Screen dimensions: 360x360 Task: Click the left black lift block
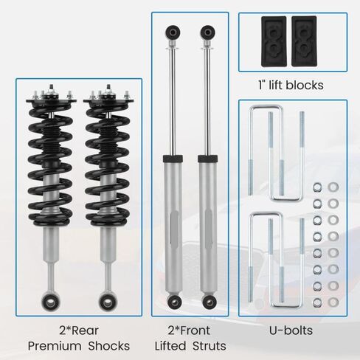[274, 41]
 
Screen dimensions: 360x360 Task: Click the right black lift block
[304, 41]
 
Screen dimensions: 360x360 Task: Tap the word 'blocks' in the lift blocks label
[305, 86]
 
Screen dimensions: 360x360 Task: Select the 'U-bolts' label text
[291, 330]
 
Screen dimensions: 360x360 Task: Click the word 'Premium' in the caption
[55, 346]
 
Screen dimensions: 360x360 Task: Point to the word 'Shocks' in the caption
[109, 346]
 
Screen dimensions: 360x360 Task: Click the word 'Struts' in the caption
[210, 346]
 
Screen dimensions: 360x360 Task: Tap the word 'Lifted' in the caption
[170, 346]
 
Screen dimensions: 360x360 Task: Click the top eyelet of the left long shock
[173, 32]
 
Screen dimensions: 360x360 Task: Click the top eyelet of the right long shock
[208, 32]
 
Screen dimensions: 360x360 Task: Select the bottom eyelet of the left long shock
[174, 301]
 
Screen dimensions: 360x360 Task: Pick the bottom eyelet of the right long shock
[210, 302]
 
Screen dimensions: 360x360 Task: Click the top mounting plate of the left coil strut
[51, 101]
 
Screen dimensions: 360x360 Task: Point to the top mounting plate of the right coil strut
[108, 101]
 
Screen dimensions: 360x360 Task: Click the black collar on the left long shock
[173, 159]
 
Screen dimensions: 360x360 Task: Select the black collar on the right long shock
[208, 159]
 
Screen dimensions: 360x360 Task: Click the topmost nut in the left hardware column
[317, 187]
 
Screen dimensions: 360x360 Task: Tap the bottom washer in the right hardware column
[333, 302]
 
